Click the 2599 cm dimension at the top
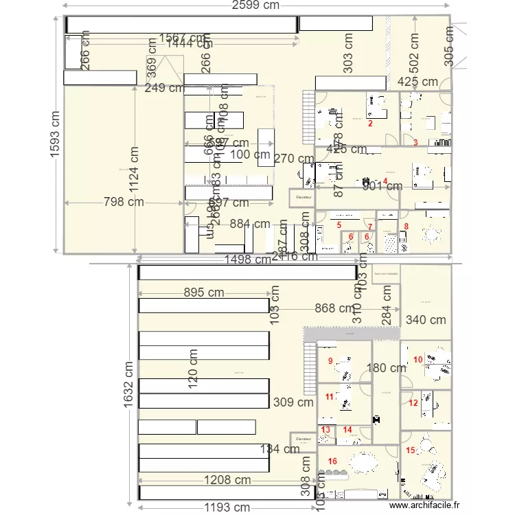tap(256, 5)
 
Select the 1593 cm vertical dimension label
tap(55, 135)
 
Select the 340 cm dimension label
tap(426, 319)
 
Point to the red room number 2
tap(370, 124)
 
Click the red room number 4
tap(385, 181)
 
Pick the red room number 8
tap(406, 226)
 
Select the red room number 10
tap(417, 359)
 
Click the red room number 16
tap(332, 461)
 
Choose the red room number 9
tap(330, 361)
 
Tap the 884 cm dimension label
tap(250, 224)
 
